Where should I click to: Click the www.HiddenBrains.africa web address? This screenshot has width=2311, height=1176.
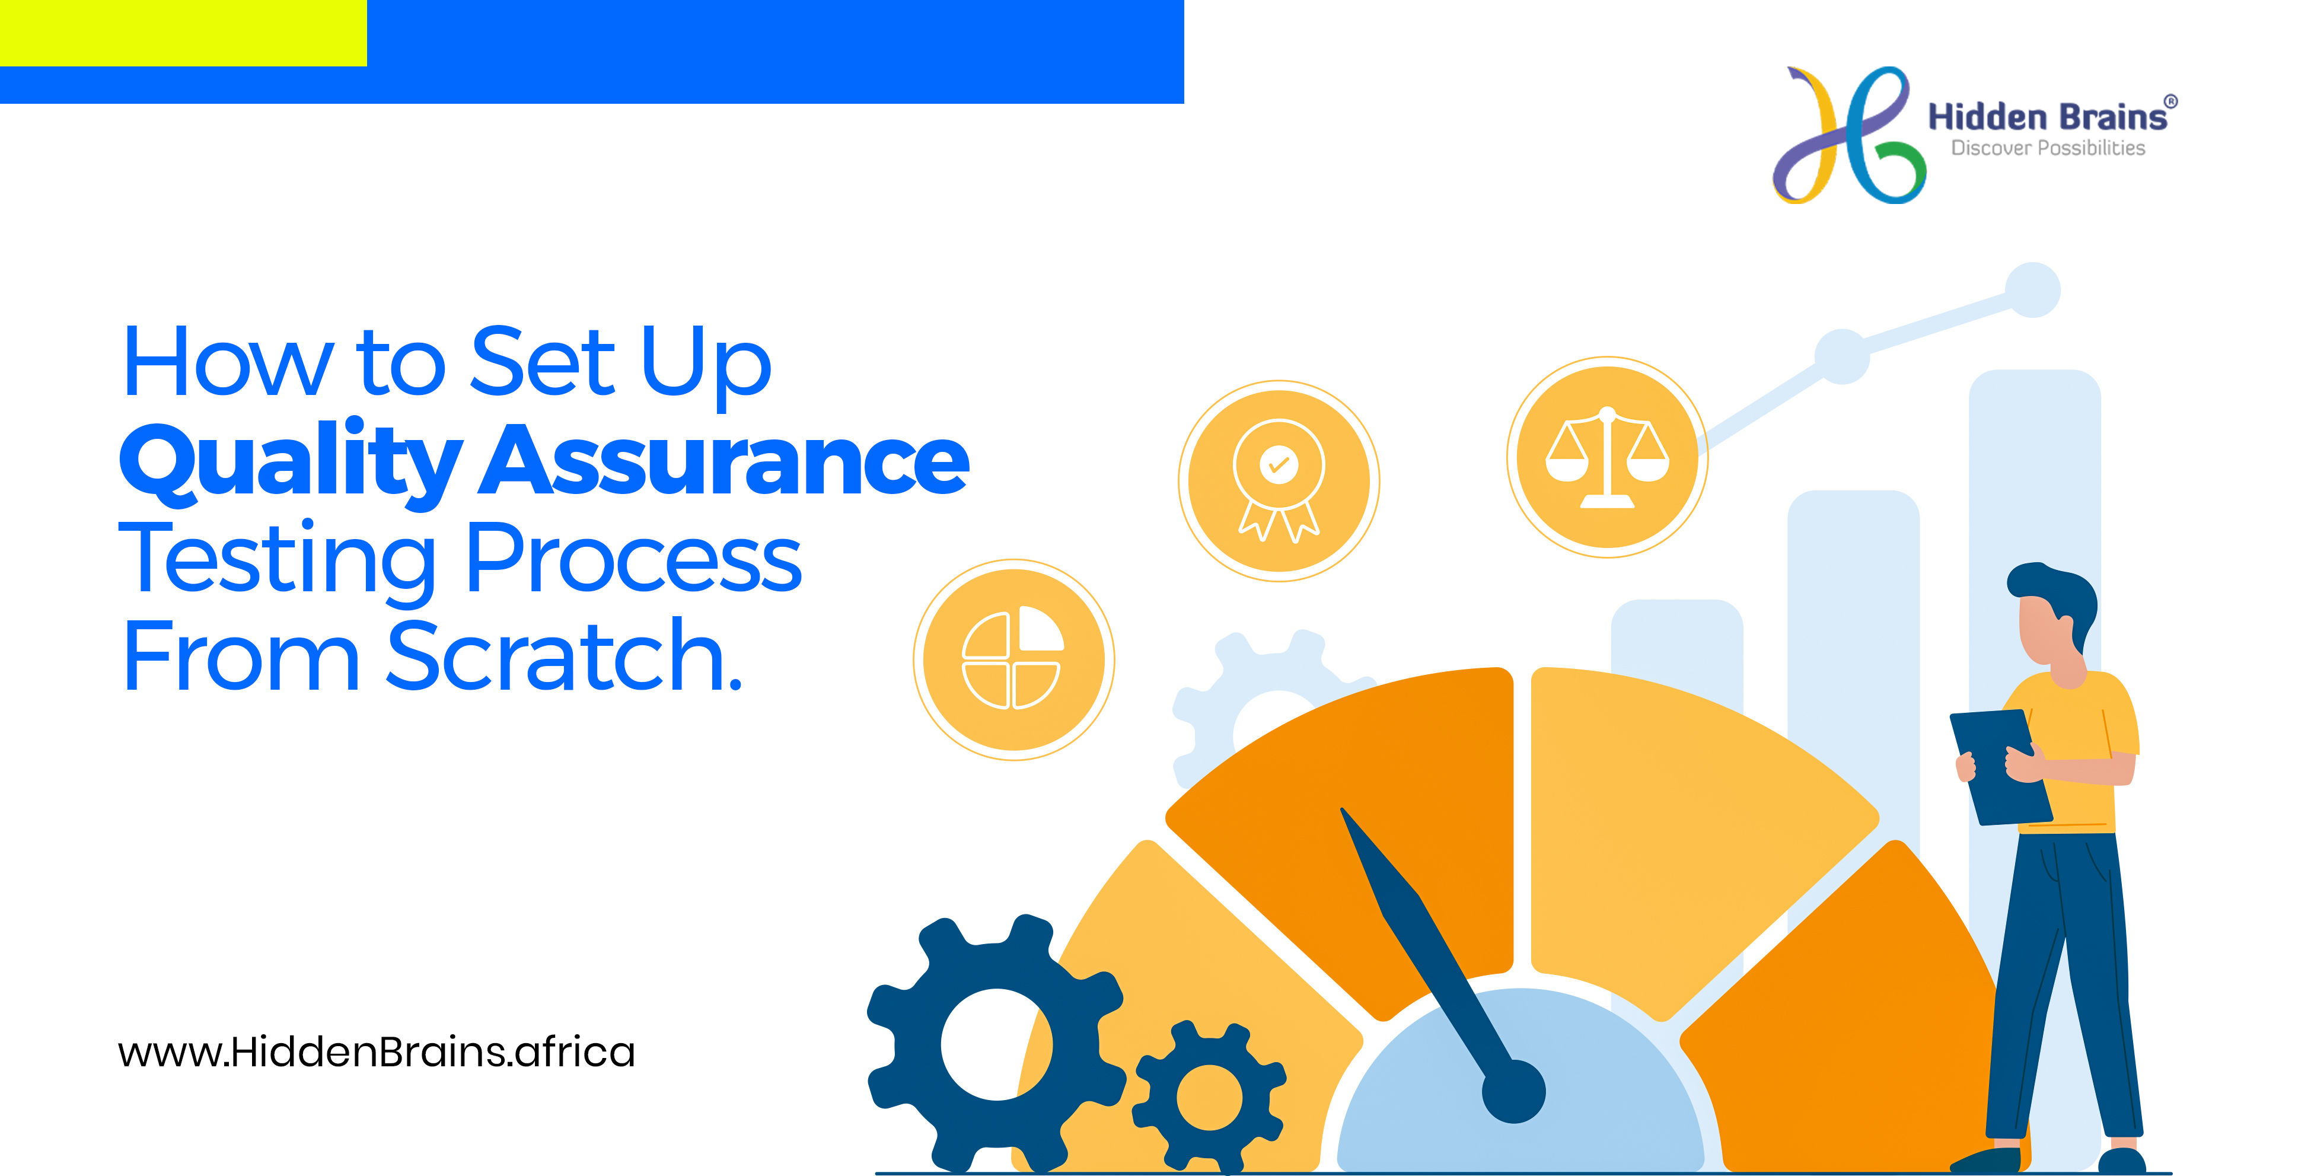(376, 1051)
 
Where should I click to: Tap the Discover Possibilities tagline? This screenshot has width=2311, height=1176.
(2048, 148)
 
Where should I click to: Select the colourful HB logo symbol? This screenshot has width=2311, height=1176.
(1848, 135)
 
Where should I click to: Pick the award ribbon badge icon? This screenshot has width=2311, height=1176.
(1279, 481)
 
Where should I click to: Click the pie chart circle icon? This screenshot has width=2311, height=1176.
(1013, 659)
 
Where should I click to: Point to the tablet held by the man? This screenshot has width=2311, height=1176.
(2001, 767)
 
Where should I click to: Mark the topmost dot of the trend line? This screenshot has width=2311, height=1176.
(2033, 290)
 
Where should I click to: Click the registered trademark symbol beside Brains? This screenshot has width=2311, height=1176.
(2171, 101)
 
